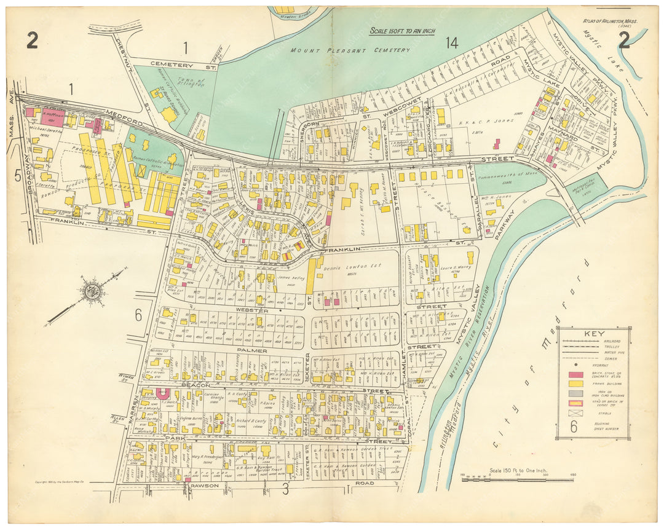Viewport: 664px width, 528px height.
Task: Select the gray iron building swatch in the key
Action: [x=575, y=394]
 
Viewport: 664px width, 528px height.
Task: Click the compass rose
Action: [x=93, y=291]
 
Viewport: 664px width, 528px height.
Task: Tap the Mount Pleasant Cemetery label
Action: [x=350, y=50]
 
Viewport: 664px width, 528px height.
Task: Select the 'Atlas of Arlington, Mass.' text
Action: [x=611, y=22]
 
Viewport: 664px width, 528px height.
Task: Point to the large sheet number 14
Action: [x=451, y=42]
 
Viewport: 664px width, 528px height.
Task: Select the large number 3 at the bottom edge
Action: [x=285, y=490]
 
